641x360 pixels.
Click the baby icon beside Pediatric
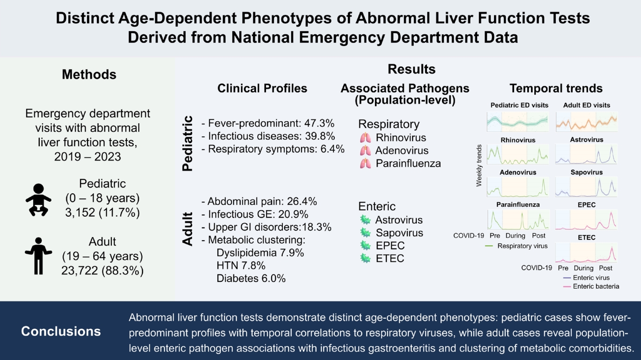[x=38, y=200]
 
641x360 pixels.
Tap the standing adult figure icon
[x=38, y=256]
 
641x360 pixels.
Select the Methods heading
[x=89, y=74]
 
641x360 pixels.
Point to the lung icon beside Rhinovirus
[x=365, y=138]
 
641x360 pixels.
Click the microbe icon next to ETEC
[x=365, y=258]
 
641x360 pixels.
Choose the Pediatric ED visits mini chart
[x=518, y=122]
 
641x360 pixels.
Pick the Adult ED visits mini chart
[x=586, y=122]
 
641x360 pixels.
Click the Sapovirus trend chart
[x=586, y=187]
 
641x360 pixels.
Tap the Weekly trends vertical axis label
[x=479, y=165]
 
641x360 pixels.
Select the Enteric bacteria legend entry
[x=591, y=287]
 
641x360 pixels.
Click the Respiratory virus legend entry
[x=516, y=246]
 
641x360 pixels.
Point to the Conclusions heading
[x=61, y=331]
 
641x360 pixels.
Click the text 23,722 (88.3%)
[x=103, y=271]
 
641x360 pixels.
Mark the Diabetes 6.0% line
[x=251, y=279]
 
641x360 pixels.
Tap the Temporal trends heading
[x=556, y=88]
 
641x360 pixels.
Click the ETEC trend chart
[x=586, y=252]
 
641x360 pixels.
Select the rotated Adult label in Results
[x=188, y=229]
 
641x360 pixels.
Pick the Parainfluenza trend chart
[x=518, y=220]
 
